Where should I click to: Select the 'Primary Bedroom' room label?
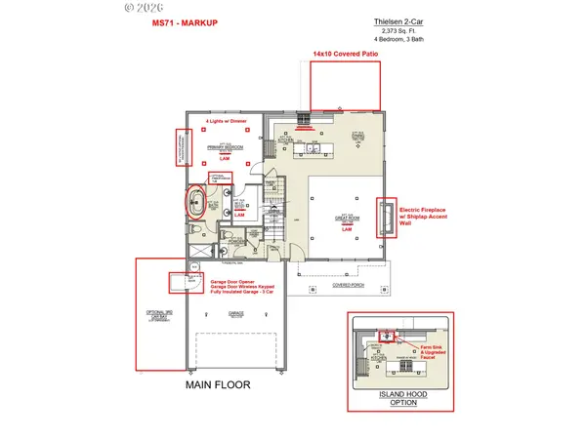tap(224, 148)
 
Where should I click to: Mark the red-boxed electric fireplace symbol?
tap(387, 219)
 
